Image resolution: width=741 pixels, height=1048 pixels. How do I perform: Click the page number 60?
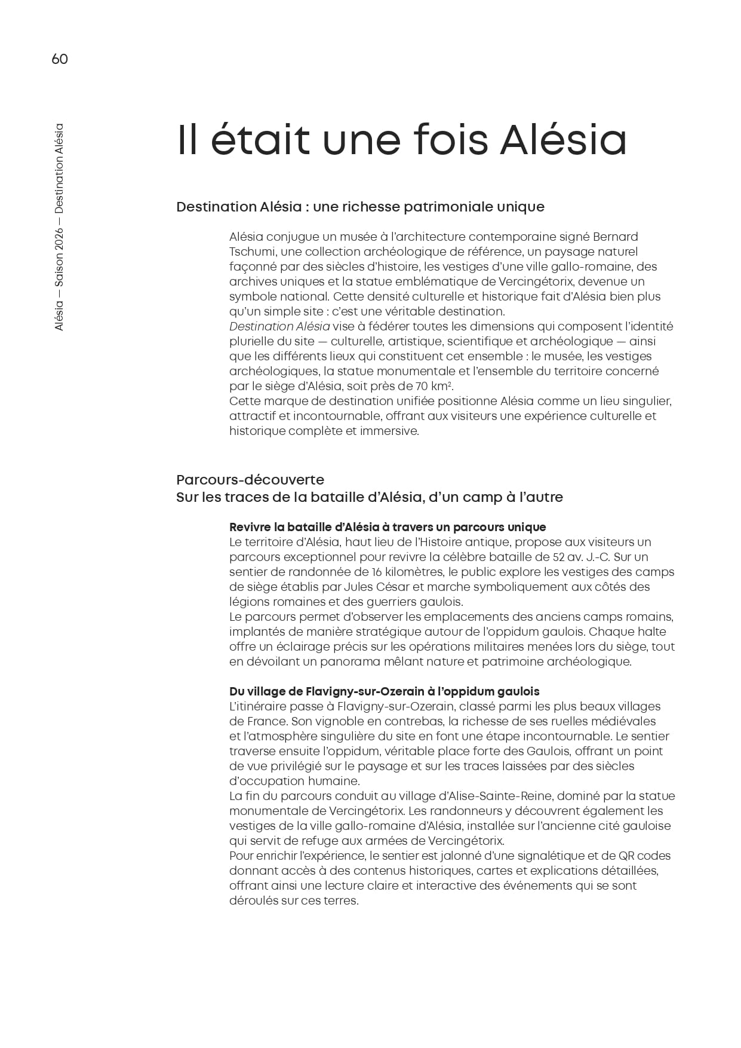tap(60, 59)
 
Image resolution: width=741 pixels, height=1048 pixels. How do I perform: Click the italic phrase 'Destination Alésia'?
tap(279, 326)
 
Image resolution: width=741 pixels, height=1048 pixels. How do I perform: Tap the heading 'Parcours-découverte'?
tap(250, 480)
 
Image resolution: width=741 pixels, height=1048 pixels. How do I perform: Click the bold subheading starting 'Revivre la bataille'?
tap(388, 527)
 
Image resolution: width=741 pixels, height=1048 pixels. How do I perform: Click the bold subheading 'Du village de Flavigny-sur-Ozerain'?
tap(384, 691)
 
